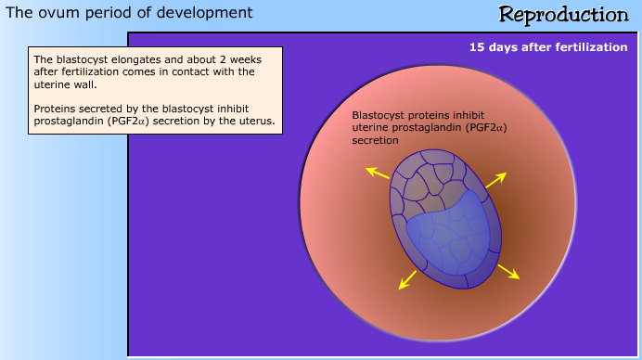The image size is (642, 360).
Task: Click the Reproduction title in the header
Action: pos(563,15)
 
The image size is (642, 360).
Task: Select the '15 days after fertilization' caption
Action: pos(547,47)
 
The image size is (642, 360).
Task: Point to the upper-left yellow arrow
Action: pos(377,172)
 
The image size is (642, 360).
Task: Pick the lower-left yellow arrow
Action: pos(407,280)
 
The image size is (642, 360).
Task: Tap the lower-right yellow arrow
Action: pos(507,271)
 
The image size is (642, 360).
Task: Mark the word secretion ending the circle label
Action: pos(375,140)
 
